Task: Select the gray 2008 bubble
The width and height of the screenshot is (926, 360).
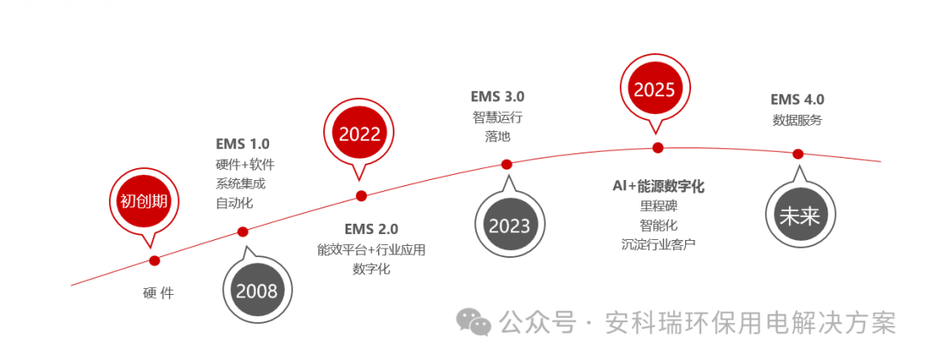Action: [x=256, y=290]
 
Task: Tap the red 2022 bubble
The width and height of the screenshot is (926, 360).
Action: [x=359, y=135]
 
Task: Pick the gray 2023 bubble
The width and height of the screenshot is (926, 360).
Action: [x=509, y=225]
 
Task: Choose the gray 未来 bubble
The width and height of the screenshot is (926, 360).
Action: [x=798, y=216]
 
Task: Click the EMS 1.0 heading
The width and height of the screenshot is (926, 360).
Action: [x=243, y=144]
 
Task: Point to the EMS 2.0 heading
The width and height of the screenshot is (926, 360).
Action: [x=371, y=229]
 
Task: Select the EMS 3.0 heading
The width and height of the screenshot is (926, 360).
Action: [x=497, y=96]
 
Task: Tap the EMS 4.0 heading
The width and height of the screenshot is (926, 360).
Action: [x=797, y=99]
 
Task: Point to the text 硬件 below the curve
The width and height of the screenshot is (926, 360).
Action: [x=159, y=293]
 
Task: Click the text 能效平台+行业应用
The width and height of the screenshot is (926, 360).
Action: [x=371, y=249]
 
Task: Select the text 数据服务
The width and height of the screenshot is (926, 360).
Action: [x=797, y=120]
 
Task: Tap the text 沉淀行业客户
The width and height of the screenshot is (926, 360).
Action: [x=658, y=244]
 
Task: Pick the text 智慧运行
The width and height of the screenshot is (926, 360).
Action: [x=497, y=117]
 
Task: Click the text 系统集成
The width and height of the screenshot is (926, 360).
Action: [x=240, y=183]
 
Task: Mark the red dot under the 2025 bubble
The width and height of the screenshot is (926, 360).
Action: [x=658, y=147]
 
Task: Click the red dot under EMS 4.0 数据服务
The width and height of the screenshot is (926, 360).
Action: [x=797, y=153]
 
